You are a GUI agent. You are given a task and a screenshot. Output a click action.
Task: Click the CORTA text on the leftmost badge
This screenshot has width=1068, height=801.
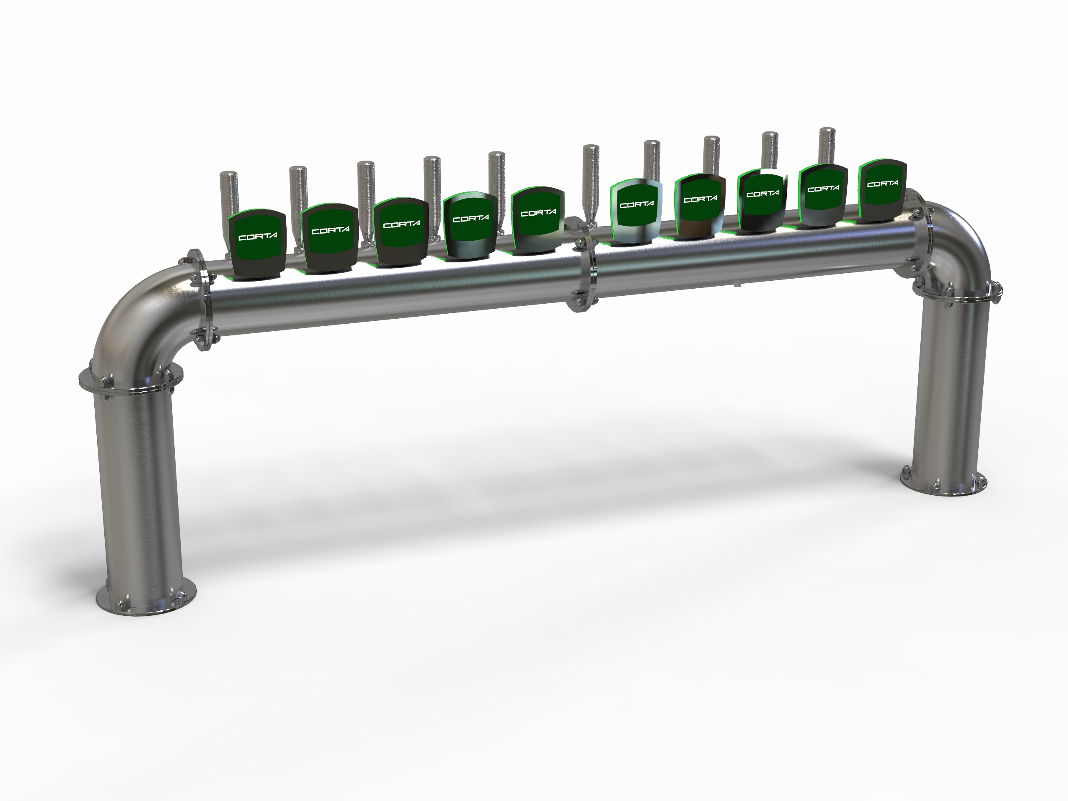(258, 237)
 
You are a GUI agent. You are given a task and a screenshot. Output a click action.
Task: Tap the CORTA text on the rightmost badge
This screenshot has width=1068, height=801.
(883, 184)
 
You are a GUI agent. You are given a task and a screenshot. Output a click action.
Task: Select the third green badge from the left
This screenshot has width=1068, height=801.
(401, 231)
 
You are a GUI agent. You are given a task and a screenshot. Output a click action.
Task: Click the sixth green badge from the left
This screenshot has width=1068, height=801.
(636, 211)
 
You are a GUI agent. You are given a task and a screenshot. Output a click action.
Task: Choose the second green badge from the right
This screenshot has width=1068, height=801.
(823, 195)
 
